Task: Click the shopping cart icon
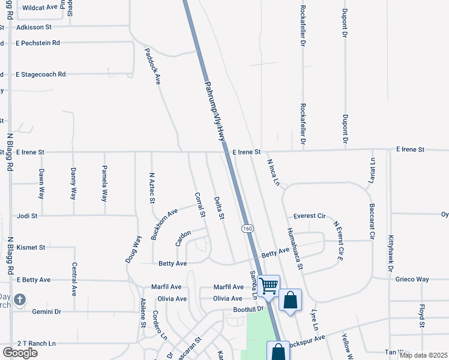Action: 268,286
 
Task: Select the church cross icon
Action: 20,299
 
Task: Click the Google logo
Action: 20,353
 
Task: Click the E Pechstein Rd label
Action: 38,43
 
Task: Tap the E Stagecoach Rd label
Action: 41,74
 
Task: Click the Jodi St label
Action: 28,215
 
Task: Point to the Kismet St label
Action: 31,247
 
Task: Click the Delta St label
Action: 218,207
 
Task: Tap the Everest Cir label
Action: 309,216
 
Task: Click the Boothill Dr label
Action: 249,310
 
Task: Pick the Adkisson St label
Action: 34,28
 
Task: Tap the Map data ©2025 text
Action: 423,355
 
